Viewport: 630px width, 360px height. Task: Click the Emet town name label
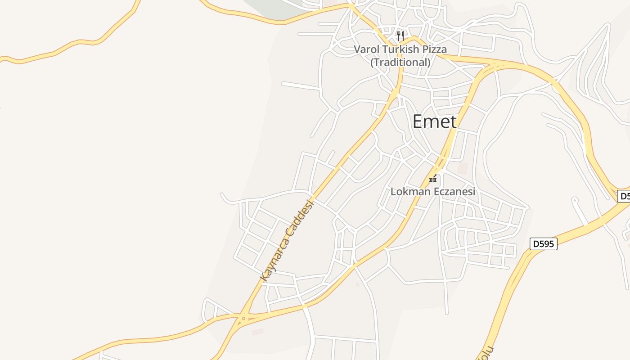434,121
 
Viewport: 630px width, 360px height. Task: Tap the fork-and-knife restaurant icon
400,36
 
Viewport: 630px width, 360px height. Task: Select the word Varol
367,49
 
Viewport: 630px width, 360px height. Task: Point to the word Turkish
401,49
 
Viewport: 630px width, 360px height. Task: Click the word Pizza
434,49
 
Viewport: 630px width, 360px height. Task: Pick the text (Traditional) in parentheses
400,62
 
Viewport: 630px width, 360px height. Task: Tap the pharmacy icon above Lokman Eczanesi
433,179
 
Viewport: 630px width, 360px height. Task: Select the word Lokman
409,192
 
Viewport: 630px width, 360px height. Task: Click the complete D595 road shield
543,244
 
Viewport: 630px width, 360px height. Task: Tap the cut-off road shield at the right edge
624,196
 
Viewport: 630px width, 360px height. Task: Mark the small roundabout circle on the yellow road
243,319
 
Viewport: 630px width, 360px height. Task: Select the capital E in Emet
418,121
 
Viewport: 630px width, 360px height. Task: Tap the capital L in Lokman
394,192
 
